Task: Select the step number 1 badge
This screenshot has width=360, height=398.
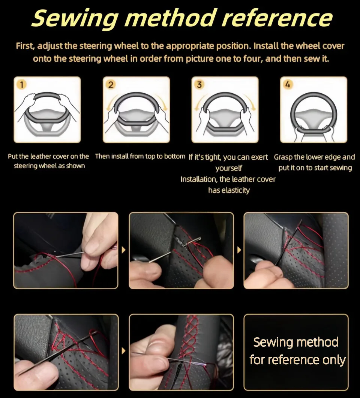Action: click(x=22, y=84)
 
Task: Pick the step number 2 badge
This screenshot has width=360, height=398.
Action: click(x=111, y=84)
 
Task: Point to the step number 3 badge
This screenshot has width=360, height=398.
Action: click(x=199, y=84)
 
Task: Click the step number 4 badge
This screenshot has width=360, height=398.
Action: click(x=288, y=84)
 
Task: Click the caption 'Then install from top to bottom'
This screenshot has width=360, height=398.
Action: click(x=140, y=156)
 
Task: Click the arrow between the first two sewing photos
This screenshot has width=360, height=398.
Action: click(x=124, y=250)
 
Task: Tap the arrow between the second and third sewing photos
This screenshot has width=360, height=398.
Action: click(x=239, y=250)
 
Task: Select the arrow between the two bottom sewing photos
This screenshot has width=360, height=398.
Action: click(x=124, y=351)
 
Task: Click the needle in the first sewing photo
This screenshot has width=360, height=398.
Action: click(x=70, y=254)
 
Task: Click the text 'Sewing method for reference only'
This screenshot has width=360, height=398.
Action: click(x=297, y=351)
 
